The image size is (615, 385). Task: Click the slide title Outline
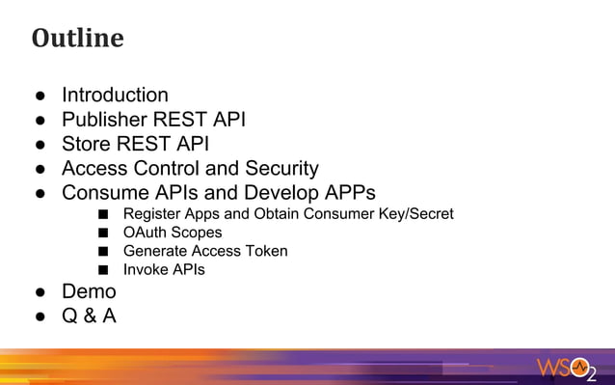pyautogui.click(x=77, y=39)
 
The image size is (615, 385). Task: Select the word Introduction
pyautogui.click(x=115, y=95)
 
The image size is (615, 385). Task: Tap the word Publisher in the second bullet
pyautogui.click(x=106, y=120)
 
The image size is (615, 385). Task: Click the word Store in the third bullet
pyautogui.click(x=88, y=145)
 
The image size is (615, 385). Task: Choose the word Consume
pyautogui.click(x=106, y=193)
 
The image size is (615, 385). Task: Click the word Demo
pyautogui.click(x=89, y=291)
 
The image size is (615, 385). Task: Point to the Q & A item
pyautogui.click(x=89, y=316)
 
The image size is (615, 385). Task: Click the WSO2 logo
pyautogui.click(x=569, y=367)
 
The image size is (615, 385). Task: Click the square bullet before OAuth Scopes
pyautogui.click(x=102, y=233)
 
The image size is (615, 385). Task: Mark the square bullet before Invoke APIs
pyautogui.click(x=102, y=270)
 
